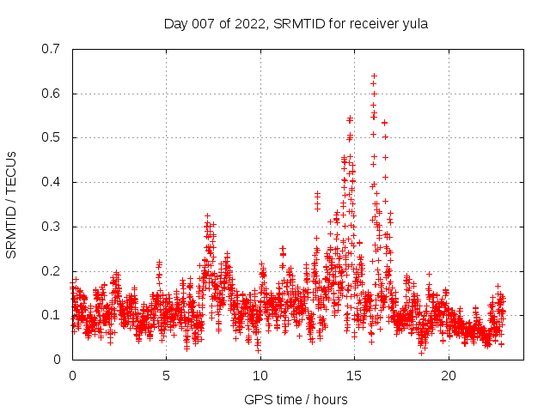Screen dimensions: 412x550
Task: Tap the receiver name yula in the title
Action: pyautogui.click(x=413, y=24)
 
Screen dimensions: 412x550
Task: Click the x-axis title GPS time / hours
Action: pyautogui.click(x=296, y=399)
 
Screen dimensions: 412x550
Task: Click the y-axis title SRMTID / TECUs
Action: pyautogui.click(x=12, y=204)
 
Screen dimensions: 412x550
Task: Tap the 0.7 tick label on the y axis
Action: pyautogui.click(x=52, y=49)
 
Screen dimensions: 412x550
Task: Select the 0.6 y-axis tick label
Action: pyautogui.click(x=52, y=94)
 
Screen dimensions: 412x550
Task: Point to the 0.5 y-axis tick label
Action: pyautogui.click(x=52, y=137)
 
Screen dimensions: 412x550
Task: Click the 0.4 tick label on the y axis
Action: pyautogui.click(x=52, y=182)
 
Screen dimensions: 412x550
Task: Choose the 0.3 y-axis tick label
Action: pyautogui.click(x=52, y=227)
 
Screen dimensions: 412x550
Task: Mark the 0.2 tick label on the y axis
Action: pyautogui.click(x=52, y=271)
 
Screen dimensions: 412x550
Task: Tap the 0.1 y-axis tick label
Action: pyautogui.click(x=52, y=315)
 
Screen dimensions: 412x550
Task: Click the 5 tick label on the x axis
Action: pyautogui.click(x=166, y=376)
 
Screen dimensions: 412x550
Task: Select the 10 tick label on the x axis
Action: pyautogui.click(x=260, y=376)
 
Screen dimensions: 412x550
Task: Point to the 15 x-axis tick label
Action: pyautogui.click(x=354, y=376)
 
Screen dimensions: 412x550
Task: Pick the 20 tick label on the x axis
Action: pyautogui.click(x=448, y=376)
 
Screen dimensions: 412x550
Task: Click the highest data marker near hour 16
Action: pyautogui.click(x=374, y=76)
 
